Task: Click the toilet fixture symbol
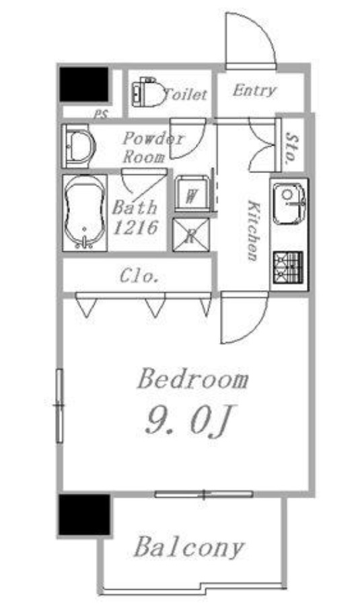147,93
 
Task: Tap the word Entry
254,91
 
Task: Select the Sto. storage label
292,148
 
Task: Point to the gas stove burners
287,267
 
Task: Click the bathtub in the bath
85,213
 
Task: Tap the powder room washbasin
79,147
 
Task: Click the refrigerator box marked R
190,235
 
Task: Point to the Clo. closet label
139,276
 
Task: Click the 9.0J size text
189,421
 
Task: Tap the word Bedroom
193,379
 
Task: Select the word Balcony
189,547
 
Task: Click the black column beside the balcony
85,515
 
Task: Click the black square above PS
84,85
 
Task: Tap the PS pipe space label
102,114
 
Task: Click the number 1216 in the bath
136,227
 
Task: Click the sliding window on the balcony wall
204,494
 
